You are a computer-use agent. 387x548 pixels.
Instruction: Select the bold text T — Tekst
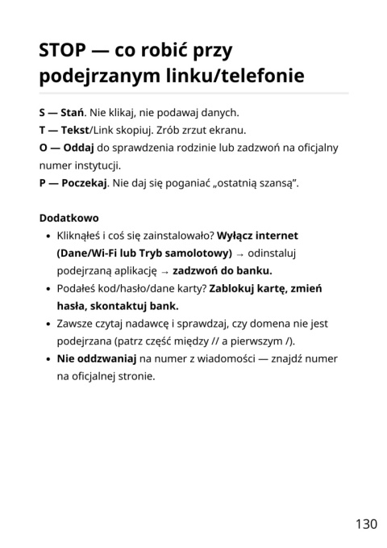coord(63,130)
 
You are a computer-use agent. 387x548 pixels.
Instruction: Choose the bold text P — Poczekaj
coord(73,183)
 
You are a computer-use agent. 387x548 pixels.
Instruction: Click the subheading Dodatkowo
coord(69,218)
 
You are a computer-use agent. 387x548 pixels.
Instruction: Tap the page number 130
coord(365,524)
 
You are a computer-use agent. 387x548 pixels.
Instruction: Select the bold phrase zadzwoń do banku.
coord(223,271)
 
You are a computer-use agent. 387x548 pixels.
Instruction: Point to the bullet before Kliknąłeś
coord(48,236)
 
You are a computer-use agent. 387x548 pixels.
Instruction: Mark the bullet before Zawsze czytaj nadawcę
coord(48,324)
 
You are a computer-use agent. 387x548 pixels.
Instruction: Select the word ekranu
coord(227,130)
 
